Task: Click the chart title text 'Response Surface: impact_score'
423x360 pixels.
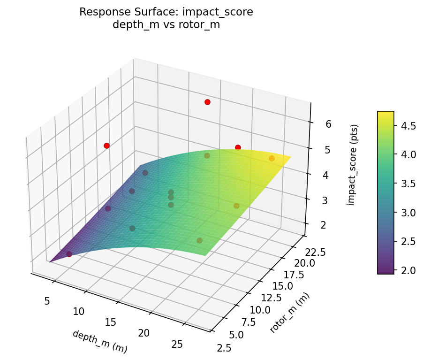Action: (166, 12)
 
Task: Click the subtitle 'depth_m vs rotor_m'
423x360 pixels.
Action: (166, 25)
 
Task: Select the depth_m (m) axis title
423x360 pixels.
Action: (99, 341)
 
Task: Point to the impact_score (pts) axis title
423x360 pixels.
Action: (355, 165)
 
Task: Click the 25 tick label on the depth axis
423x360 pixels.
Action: (177, 345)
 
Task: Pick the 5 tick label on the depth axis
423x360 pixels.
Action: (47, 301)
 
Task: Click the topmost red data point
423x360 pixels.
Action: (207, 102)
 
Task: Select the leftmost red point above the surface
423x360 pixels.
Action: (106, 146)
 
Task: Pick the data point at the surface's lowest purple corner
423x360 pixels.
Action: (69, 254)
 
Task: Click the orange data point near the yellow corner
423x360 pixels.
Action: (272, 158)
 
